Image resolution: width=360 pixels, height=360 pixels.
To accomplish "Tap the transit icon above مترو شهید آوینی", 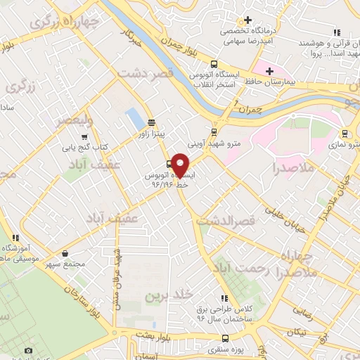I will (x=214, y=131).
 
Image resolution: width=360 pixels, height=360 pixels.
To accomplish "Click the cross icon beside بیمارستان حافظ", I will (x=269, y=71).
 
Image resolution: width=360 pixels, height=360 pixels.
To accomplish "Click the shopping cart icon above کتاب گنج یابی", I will (x=85, y=137).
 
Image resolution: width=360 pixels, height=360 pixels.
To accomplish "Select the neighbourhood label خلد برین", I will (x=162, y=297).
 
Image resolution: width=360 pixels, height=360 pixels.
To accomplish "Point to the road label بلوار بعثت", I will (x=157, y=337).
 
